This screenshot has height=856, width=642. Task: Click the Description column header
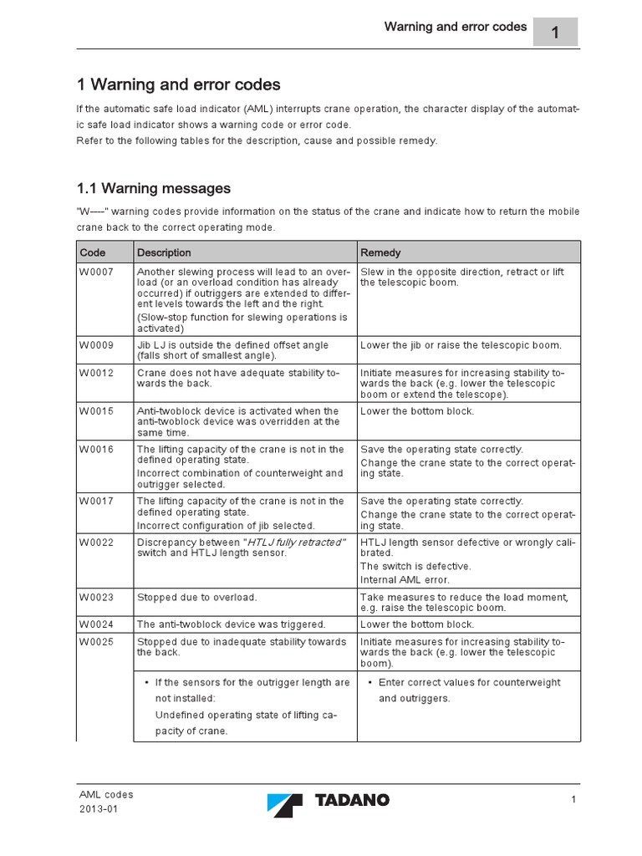164,252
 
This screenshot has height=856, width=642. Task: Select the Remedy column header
380,252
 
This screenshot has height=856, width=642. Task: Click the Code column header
93,252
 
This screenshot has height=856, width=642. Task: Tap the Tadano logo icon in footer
285,805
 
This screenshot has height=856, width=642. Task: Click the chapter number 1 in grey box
555,32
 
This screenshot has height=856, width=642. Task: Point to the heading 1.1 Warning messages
154,188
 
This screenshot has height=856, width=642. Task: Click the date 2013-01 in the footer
98,811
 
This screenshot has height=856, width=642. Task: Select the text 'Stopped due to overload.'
196,598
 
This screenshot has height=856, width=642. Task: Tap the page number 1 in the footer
574,801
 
